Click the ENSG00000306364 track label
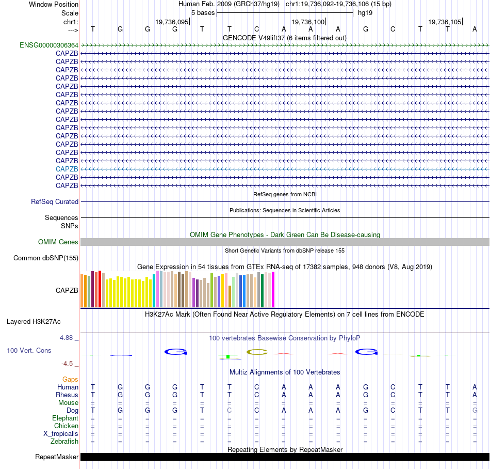coord(49,45)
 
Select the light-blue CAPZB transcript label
coord(67,169)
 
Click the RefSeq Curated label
coord(55,202)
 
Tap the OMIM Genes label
coord(58,242)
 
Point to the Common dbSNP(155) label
coord(46,258)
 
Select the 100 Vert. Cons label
coord(29,350)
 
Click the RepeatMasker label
coord(57,457)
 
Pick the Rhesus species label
coord(67,395)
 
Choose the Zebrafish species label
coord(64,442)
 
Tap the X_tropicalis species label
coord(61,434)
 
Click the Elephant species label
coord(65,418)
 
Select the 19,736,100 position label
coord(308,22)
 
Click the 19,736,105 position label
coord(445,22)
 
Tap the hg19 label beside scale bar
coord(365,12)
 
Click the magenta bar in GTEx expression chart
coord(273,289)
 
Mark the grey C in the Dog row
coord(229,410)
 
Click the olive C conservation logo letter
coord(256,352)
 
